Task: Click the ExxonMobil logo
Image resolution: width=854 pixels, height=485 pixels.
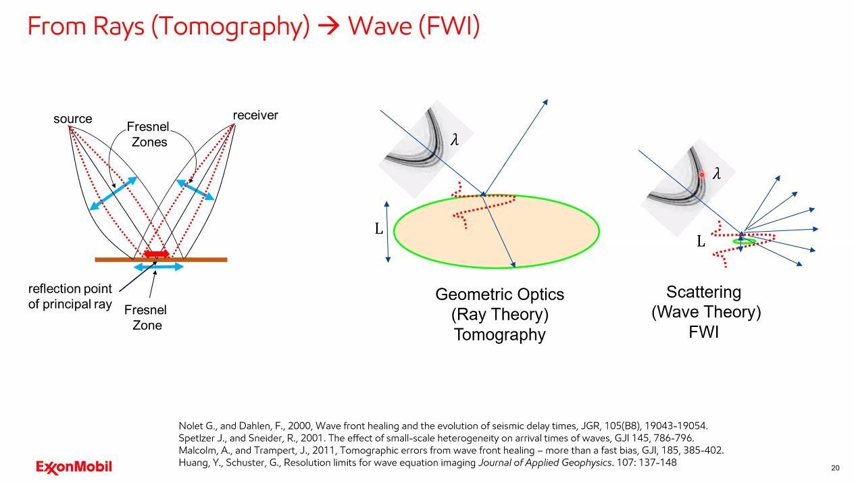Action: (x=74, y=467)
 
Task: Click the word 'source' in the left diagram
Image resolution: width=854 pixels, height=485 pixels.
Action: (x=72, y=120)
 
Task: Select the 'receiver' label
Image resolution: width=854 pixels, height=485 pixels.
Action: (x=255, y=116)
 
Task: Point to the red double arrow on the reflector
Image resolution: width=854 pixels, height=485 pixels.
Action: (x=156, y=254)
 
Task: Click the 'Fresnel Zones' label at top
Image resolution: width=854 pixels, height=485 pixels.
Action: (x=149, y=134)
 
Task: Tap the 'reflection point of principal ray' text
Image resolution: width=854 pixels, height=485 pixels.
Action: (x=70, y=297)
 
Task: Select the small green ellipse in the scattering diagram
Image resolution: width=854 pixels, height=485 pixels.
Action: (x=744, y=241)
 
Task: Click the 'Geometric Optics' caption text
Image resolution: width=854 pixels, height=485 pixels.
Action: (x=499, y=295)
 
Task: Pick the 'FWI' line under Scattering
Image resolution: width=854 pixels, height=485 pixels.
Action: (x=703, y=332)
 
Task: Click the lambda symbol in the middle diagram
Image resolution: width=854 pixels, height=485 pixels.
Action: (x=455, y=140)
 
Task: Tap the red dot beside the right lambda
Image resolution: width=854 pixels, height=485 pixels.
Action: (x=702, y=174)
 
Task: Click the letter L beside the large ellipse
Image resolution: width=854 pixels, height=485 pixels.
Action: (x=379, y=229)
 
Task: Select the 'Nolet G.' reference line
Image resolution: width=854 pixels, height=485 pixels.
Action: (x=443, y=426)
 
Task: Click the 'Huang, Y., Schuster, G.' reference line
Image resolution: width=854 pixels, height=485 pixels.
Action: (x=427, y=463)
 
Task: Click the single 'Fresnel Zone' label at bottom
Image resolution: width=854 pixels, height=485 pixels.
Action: (x=145, y=317)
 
